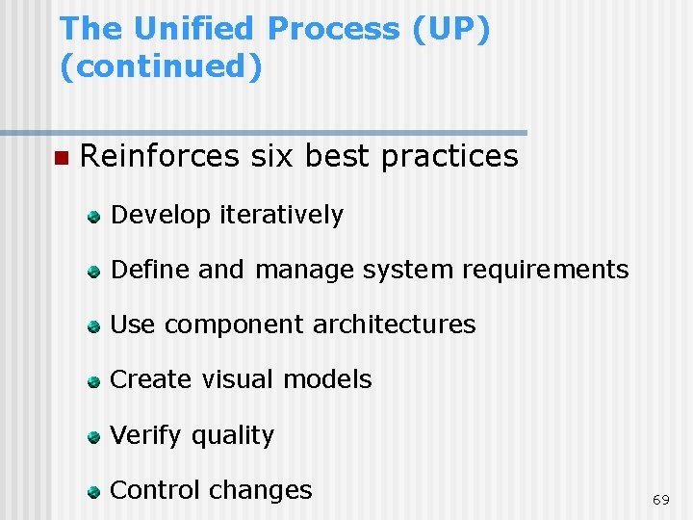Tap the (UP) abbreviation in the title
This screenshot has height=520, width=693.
click(x=450, y=29)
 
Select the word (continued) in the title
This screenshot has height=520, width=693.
click(x=161, y=67)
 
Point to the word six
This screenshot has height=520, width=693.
click(x=271, y=156)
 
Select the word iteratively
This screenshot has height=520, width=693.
click(x=281, y=215)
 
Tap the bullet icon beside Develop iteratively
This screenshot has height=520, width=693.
click(x=93, y=217)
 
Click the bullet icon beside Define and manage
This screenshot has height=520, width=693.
click(x=93, y=272)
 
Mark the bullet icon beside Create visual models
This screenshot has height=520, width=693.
click(x=93, y=381)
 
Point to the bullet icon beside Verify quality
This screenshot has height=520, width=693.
click(x=93, y=436)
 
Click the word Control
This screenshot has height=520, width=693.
click(x=156, y=490)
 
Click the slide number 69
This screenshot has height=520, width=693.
click(x=660, y=500)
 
